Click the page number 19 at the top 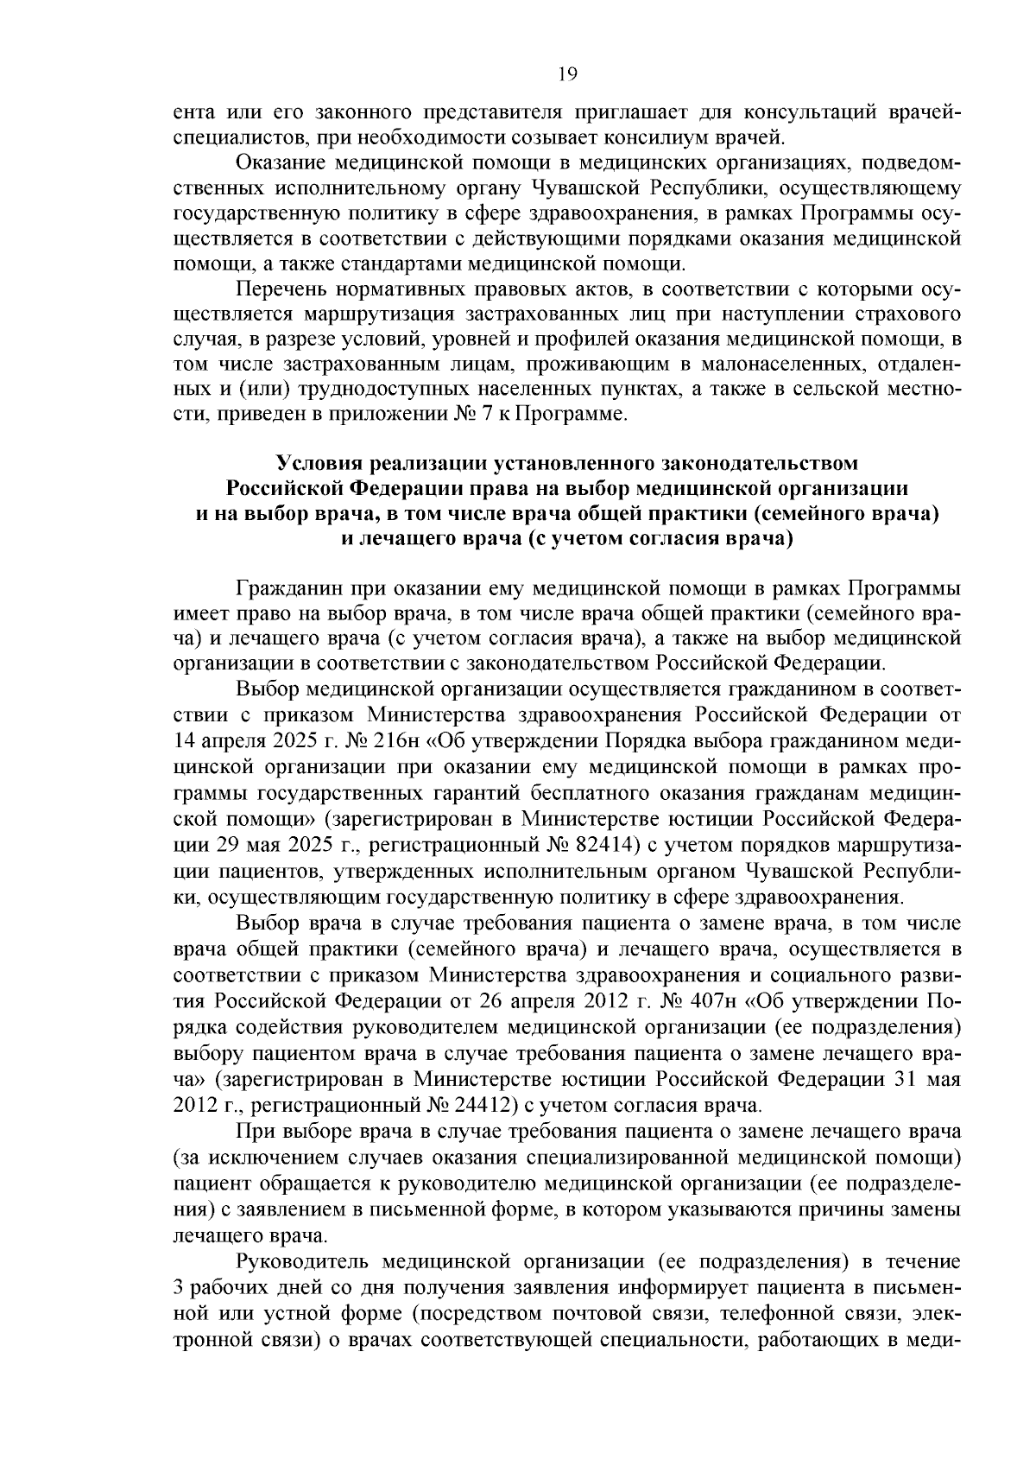[567, 73]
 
